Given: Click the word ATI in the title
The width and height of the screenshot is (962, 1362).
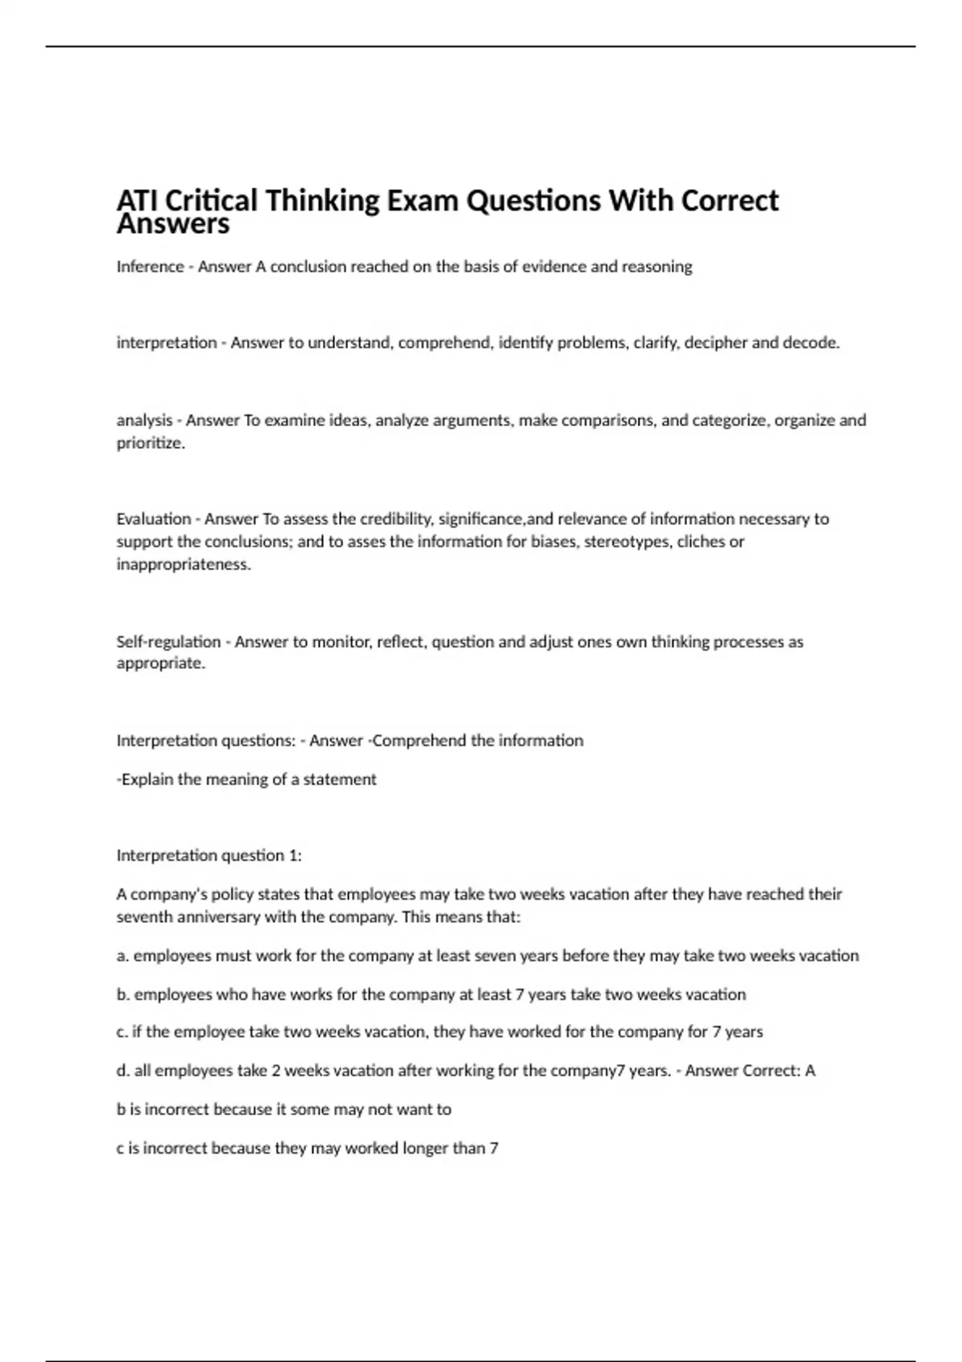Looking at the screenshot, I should click(136, 200).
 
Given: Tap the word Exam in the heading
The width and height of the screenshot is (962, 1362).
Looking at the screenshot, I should click(422, 200).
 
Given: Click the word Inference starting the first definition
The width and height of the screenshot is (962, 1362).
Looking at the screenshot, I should click(150, 267).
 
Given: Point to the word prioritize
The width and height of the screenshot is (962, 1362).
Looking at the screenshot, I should click(150, 443).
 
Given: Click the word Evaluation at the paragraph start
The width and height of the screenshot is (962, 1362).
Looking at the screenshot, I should click(153, 519).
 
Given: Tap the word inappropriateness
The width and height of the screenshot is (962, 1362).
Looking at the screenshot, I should click(184, 564).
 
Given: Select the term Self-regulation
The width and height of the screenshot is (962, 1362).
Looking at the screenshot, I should click(168, 642).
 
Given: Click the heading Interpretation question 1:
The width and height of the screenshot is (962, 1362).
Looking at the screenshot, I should click(208, 856).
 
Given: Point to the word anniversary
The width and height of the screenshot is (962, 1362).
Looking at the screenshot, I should click(216, 917).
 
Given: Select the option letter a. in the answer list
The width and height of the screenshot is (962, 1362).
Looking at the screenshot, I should click(123, 956).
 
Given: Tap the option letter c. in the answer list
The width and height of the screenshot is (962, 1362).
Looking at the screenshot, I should click(122, 1032).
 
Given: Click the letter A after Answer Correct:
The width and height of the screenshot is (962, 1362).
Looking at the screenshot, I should click(810, 1070).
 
